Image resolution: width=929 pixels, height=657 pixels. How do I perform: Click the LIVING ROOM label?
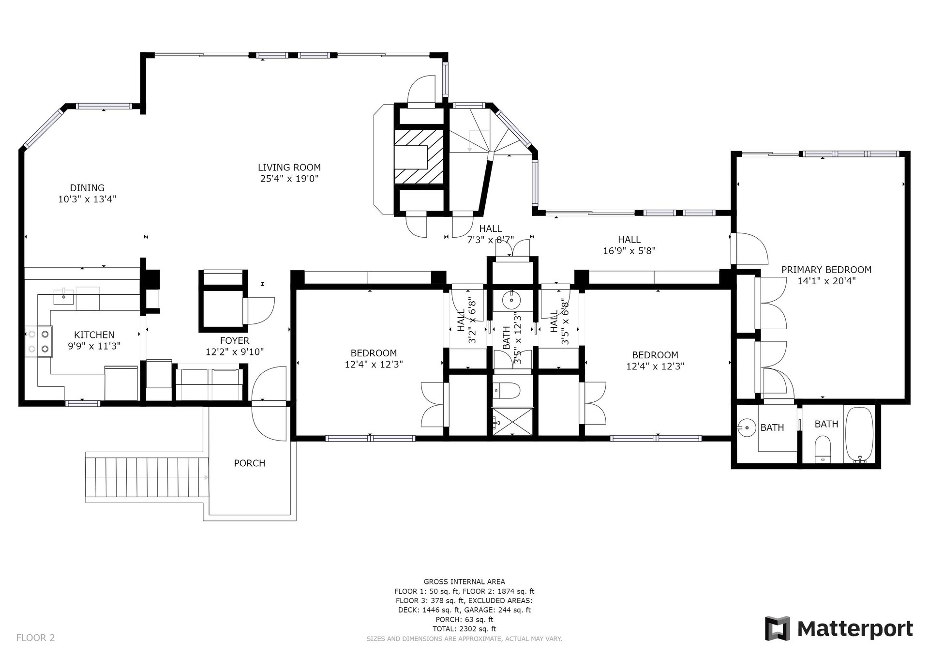[289, 168]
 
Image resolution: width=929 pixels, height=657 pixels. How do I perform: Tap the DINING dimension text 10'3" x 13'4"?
[87, 199]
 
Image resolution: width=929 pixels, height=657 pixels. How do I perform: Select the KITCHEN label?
[94, 335]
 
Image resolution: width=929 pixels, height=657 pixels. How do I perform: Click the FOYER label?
[234, 341]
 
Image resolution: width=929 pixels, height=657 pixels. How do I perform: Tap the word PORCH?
[249, 463]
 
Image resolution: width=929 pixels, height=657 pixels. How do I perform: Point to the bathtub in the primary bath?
[859, 434]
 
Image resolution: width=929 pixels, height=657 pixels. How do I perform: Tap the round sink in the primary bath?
[748, 428]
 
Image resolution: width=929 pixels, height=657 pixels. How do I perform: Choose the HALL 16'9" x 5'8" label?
[629, 245]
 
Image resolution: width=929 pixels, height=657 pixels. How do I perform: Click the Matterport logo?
[839, 628]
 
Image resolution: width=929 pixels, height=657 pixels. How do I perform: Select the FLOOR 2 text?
[35, 638]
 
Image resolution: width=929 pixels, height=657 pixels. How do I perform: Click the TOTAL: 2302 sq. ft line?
[464, 629]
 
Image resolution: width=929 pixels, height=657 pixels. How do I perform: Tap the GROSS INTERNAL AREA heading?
[464, 582]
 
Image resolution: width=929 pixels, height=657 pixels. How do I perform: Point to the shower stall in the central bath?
[513, 421]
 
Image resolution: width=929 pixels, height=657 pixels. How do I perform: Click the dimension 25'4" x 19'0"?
[289, 179]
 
